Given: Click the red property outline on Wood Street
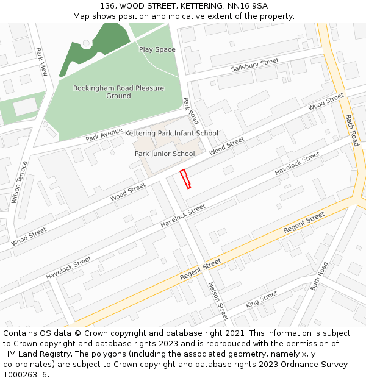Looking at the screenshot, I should [x=185, y=179].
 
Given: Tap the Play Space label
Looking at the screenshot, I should [x=157, y=49].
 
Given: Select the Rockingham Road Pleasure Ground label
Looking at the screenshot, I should [x=118, y=92].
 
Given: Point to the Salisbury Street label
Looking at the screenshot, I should [x=254, y=65].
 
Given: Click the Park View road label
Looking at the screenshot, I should [x=41, y=62].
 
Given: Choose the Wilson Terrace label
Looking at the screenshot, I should [x=20, y=182].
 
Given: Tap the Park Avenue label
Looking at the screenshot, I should [x=104, y=134].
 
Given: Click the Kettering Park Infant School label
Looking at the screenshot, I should [x=171, y=133].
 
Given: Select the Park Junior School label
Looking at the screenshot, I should [x=165, y=154].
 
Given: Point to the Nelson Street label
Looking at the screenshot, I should [x=218, y=301].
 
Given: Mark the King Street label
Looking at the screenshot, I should [x=262, y=299].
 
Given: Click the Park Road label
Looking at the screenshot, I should [x=191, y=110].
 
